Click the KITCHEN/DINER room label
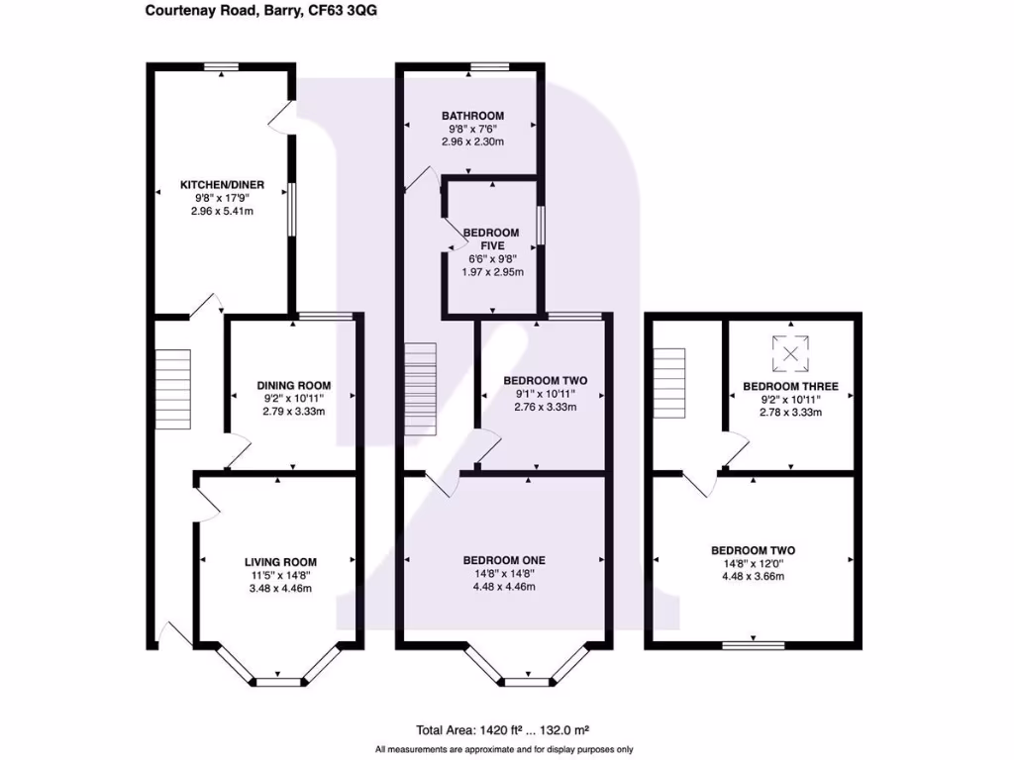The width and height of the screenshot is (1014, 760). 222,185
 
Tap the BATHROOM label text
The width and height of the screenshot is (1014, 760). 472,116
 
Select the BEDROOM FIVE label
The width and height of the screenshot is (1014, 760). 491,239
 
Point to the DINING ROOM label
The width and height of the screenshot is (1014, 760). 293,385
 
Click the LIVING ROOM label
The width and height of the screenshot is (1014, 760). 280,562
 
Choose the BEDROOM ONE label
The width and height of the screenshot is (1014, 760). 504,560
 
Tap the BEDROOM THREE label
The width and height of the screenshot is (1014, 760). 790,387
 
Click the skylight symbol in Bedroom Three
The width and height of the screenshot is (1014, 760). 790,353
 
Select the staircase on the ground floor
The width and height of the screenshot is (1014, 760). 172,389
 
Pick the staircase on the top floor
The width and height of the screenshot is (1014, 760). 668,383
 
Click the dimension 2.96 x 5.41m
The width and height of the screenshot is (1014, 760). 222,212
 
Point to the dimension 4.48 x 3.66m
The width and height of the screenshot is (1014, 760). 753,577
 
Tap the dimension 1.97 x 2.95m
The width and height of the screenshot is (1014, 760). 492,272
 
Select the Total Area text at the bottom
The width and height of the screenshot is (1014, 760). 502,730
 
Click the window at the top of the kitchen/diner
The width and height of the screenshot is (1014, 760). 222,66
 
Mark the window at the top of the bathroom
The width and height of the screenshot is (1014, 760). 489,66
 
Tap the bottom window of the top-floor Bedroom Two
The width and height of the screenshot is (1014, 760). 754,645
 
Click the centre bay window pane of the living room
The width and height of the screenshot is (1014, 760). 279,681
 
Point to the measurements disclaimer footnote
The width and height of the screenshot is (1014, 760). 504,750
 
